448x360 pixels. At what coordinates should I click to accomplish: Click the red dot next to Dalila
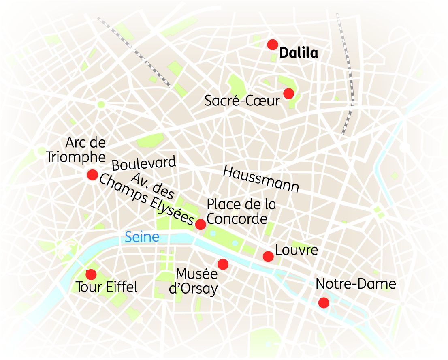click(273, 45)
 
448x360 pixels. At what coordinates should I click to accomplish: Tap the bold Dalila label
click(299, 53)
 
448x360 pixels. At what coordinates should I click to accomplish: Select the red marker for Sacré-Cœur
click(288, 94)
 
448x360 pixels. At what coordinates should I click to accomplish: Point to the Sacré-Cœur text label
click(242, 101)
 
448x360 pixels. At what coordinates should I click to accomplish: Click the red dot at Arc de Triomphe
click(92, 175)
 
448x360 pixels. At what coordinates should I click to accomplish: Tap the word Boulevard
click(144, 163)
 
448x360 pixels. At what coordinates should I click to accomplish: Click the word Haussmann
click(261, 179)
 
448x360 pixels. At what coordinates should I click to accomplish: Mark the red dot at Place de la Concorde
click(201, 224)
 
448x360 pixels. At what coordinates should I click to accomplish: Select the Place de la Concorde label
click(241, 211)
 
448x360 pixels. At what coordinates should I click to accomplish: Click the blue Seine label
click(142, 237)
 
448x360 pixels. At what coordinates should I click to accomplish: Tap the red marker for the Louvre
click(268, 256)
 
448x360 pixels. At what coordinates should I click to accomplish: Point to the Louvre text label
click(297, 250)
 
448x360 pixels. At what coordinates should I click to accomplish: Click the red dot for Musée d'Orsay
click(223, 264)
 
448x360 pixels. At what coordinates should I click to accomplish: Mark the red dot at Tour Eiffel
click(91, 274)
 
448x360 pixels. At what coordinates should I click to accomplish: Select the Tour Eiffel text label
click(107, 287)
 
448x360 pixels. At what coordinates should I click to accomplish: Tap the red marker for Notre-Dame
click(323, 302)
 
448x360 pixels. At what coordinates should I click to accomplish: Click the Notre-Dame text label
click(356, 284)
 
